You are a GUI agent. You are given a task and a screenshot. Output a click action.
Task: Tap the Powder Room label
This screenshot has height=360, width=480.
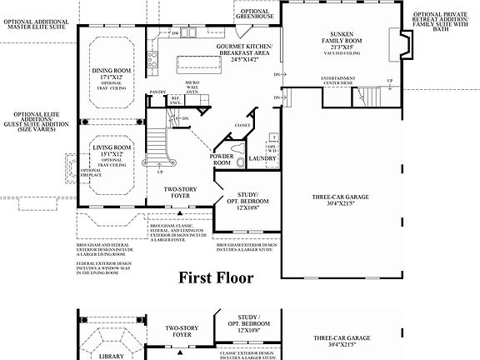click(x=222, y=160)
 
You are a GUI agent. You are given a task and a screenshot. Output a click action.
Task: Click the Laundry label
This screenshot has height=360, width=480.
click(x=262, y=157)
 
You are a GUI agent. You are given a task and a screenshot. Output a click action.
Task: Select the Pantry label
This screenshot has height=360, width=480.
click(x=158, y=92)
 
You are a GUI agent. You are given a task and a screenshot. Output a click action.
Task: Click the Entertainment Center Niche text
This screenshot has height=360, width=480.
click(x=343, y=80)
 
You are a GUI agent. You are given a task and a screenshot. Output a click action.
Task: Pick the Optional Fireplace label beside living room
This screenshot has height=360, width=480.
click(x=90, y=172)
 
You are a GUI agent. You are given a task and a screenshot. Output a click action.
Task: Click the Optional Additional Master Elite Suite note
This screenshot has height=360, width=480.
click(x=38, y=22)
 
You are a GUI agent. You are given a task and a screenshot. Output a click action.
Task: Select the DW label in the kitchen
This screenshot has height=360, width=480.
click(x=176, y=32)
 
